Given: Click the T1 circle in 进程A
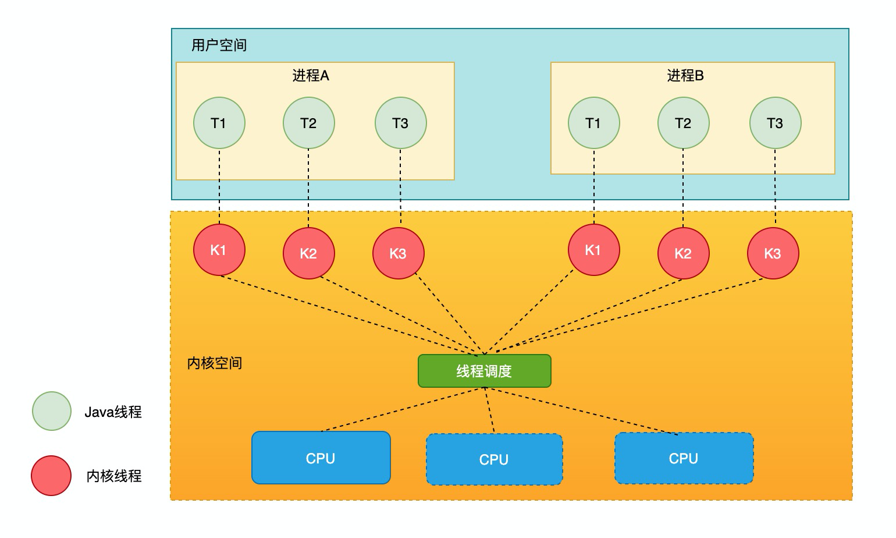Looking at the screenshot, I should (x=219, y=123).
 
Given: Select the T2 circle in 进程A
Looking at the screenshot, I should (x=308, y=123).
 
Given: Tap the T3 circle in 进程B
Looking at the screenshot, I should (x=775, y=123).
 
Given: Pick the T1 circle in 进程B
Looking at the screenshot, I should (x=593, y=123).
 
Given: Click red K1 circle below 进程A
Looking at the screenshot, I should (x=219, y=250).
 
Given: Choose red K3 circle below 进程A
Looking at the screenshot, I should (x=398, y=253).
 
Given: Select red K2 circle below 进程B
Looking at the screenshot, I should (x=683, y=253).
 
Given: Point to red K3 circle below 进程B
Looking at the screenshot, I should (x=773, y=253).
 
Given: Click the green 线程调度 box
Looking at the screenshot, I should (x=484, y=371).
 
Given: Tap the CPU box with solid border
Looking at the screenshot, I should (x=321, y=458).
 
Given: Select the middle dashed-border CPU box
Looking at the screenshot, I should (x=494, y=459).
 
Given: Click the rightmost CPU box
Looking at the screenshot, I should (x=684, y=458).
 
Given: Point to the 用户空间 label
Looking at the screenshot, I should (x=219, y=45).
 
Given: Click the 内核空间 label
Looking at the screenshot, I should (x=214, y=363).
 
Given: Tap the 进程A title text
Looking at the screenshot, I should (x=311, y=76).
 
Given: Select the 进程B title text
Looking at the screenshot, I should (x=685, y=76).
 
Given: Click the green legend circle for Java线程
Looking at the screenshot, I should (x=52, y=411).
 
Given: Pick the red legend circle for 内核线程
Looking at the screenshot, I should (x=52, y=476).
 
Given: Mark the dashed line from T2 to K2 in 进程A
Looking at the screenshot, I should (x=308, y=187).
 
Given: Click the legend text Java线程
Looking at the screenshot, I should (x=113, y=412).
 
